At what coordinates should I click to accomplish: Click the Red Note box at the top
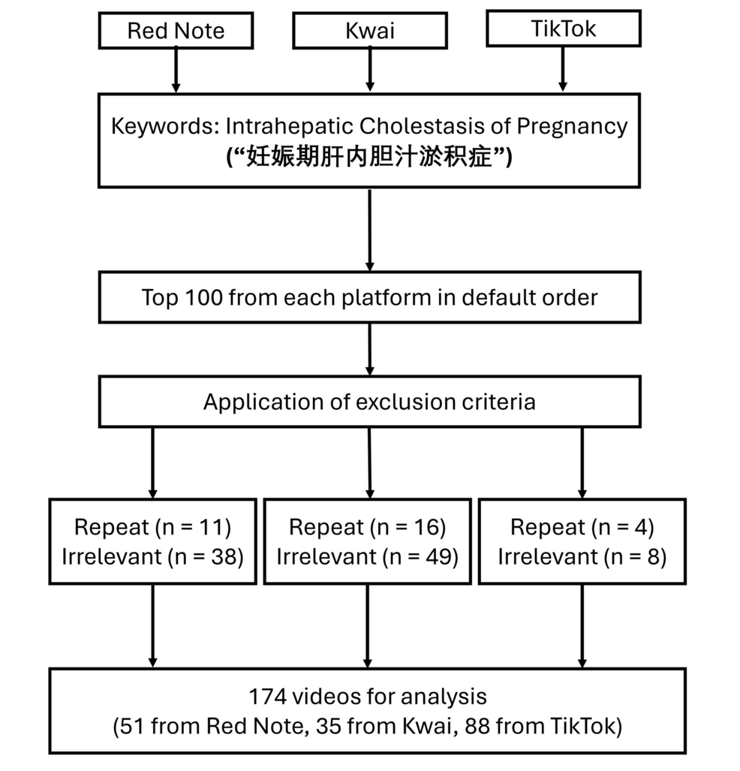(x=176, y=31)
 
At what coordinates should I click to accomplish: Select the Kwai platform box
(x=370, y=31)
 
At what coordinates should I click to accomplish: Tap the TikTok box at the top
(x=564, y=29)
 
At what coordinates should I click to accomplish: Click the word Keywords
(x=164, y=126)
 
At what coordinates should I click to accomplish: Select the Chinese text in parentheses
(x=369, y=158)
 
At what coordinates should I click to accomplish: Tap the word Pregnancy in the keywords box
(x=572, y=127)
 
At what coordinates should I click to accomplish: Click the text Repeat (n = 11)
(x=153, y=527)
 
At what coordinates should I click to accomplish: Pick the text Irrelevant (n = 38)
(x=153, y=557)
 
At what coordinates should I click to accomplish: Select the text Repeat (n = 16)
(x=368, y=527)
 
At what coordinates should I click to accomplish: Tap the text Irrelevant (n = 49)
(x=368, y=557)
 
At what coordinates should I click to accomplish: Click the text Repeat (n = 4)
(x=582, y=527)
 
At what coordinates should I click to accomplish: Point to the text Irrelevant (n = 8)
(x=582, y=557)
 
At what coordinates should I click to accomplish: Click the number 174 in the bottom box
(x=267, y=696)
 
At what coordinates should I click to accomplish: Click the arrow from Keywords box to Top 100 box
(x=370, y=230)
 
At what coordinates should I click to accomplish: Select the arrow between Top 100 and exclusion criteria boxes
(x=370, y=350)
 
